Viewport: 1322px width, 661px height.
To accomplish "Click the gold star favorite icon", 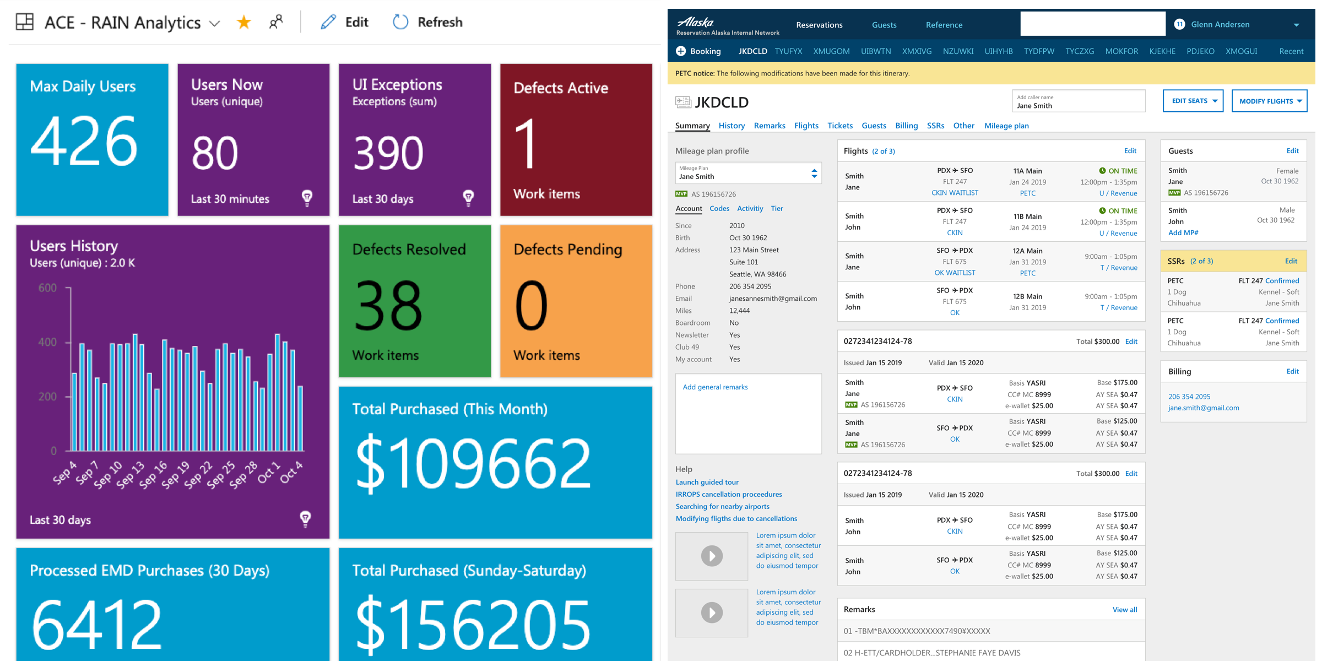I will tap(243, 23).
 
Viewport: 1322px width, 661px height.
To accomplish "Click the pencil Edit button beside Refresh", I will tap(345, 23).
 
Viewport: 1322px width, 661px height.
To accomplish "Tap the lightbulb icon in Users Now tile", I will tap(307, 198).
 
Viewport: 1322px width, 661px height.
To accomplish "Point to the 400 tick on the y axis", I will tap(47, 342).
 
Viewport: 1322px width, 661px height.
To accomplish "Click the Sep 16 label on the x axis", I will tap(153, 474).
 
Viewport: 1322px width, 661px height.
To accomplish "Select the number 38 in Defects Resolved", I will tap(388, 306).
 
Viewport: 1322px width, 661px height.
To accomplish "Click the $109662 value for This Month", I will tap(473, 463).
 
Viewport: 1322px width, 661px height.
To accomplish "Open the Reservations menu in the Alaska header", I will tap(819, 25).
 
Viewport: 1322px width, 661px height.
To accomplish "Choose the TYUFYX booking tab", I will tap(788, 51).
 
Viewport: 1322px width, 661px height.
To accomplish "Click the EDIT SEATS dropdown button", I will tap(1193, 101).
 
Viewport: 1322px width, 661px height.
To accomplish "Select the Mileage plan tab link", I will tap(1006, 126).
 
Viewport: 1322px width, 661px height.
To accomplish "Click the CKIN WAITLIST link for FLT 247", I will tap(955, 193).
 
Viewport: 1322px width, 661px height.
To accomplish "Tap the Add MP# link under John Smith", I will tap(1183, 232).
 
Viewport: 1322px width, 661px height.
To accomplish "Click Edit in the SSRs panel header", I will tap(1291, 261).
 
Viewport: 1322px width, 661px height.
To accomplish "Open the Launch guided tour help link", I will tap(707, 482).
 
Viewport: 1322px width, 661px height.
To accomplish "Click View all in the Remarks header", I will tap(1125, 609).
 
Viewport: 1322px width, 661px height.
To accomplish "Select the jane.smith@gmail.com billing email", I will tap(1204, 408).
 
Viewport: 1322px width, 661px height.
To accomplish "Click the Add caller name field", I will tap(1078, 101).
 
